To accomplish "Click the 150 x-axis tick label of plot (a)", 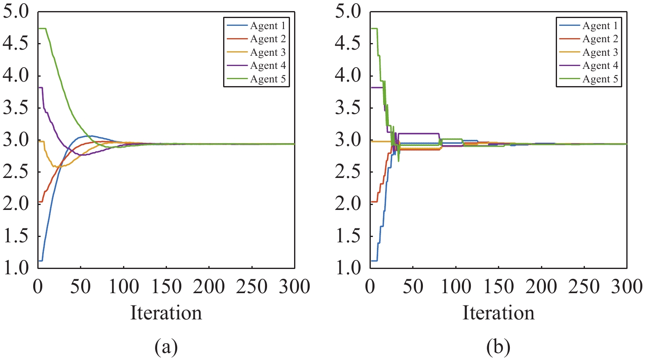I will [x=166, y=287].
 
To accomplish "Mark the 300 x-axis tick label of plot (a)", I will [x=294, y=287].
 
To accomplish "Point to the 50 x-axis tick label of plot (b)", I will [x=413, y=287].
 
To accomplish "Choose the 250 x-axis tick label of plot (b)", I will [x=584, y=287].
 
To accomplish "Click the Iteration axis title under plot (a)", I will [x=166, y=313].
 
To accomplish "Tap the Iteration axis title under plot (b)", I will [x=498, y=313].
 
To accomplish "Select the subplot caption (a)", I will [x=166, y=347].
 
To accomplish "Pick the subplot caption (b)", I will [x=498, y=347].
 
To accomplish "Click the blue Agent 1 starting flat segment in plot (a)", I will [x=40, y=260].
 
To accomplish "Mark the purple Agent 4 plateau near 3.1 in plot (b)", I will [x=418, y=133].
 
